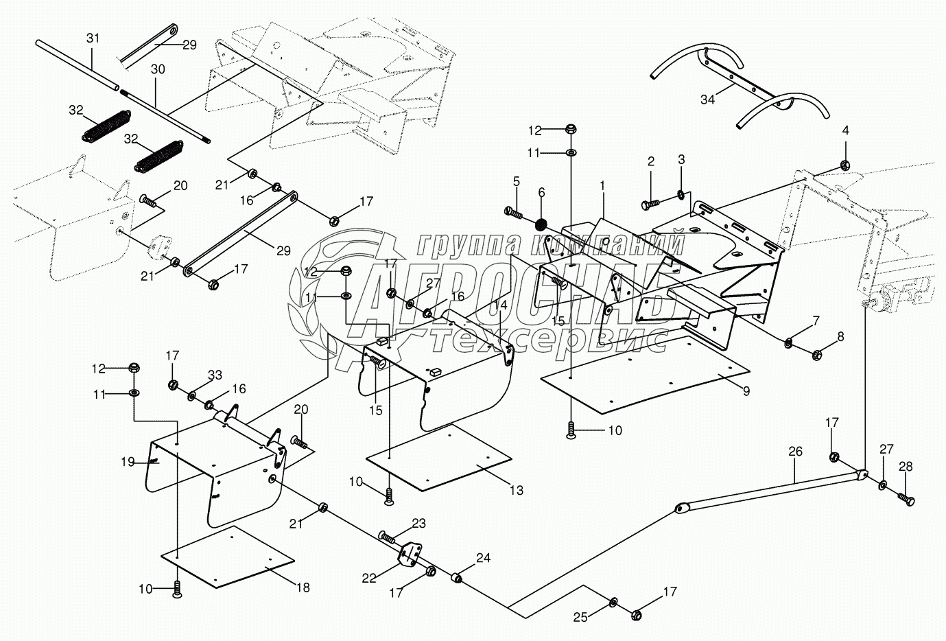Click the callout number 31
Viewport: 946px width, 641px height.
point(93,38)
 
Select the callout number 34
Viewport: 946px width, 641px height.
point(708,100)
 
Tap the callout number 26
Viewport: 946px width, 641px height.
point(795,452)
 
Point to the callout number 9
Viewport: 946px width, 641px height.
point(746,391)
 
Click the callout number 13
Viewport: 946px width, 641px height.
point(517,490)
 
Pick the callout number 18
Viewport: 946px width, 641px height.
point(303,587)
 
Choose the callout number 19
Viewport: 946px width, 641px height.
point(128,463)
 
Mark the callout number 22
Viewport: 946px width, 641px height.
point(368,578)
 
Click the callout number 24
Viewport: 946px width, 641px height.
point(484,558)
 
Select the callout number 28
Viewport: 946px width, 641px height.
point(906,467)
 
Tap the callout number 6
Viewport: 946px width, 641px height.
point(541,193)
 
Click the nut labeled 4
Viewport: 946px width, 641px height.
point(845,164)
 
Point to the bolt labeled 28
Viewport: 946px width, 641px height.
point(906,499)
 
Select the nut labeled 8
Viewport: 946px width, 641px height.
point(816,355)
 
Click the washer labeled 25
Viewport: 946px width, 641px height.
point(613,601)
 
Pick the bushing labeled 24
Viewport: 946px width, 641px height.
point(456,577)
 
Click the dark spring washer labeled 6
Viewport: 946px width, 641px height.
point(541,224)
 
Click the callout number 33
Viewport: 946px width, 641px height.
point(215,375)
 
